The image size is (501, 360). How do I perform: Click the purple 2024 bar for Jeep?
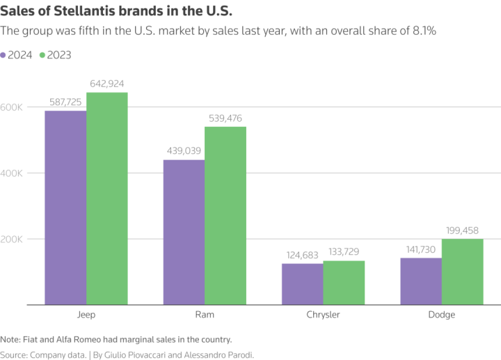pyautogui.click(x=65, y=208)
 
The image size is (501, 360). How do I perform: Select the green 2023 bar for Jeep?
pyautogui.click(x=107, y=198)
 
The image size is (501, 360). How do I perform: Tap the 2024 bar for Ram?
pyautogui.click(x=184, y=232)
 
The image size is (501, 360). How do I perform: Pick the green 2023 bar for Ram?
pyautogui.click(x=225, y=216)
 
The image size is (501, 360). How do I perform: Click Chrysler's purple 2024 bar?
pyautogui.click(x=302, y=284)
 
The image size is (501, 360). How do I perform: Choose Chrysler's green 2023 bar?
pyautogui.click(x=344, y=283)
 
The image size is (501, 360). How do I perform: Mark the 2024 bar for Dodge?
pyautogui.click(x=421, y=281)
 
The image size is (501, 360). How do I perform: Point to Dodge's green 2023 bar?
pyautogui.click(x=462, y=272)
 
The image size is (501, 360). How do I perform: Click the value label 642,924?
pyautogui.click(x=107, y=84)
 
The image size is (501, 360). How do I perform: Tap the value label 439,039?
pyautogui.click(x=184, y=151)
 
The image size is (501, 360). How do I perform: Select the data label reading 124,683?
pyautogui.click(x=302, y=255)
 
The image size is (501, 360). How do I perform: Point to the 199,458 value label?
pyautogui.click(x=462, y=230)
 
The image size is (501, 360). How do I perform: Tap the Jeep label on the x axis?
pyautogui.click(x=86, y=315)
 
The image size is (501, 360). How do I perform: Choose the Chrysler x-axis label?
pyautogui.click(x=323, y=315)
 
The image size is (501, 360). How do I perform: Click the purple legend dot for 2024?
pyautogui.click(x=4, y=55)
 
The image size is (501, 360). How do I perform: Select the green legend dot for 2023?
pyautogui.click(x=42, y=55)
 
